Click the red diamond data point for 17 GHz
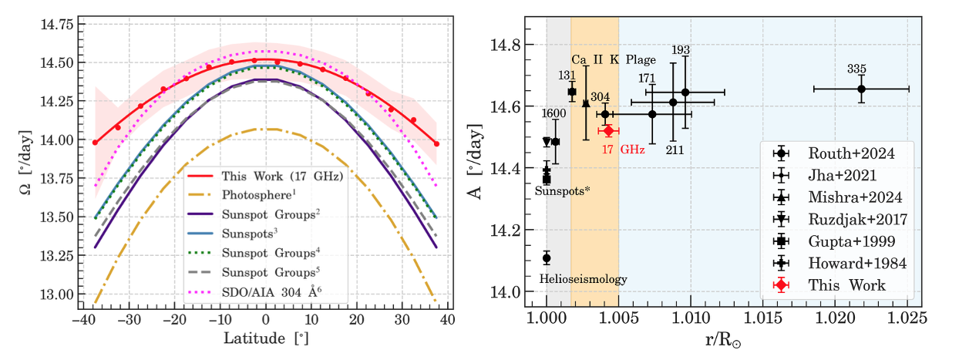(x=608, y=130)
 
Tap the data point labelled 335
(x=861, y=89)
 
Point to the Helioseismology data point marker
(x=547, y=257)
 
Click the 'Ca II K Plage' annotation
(x=614, y=59)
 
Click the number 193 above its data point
(x=681, y=50)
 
